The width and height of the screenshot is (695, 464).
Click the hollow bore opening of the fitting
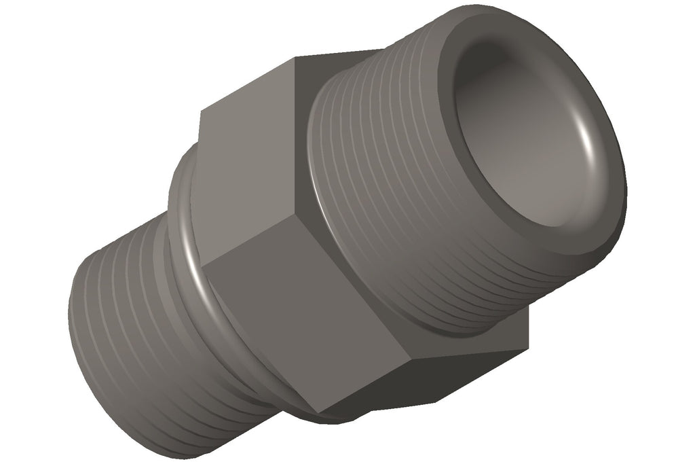[x=536, y=136]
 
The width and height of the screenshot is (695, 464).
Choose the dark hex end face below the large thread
[x=441, y=367]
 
